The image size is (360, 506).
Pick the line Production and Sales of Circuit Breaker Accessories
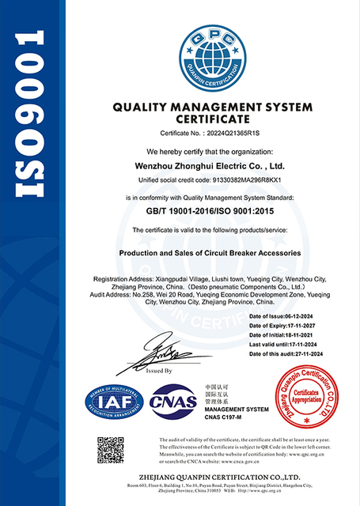(210, 253)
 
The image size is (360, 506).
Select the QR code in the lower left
(111, 451)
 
